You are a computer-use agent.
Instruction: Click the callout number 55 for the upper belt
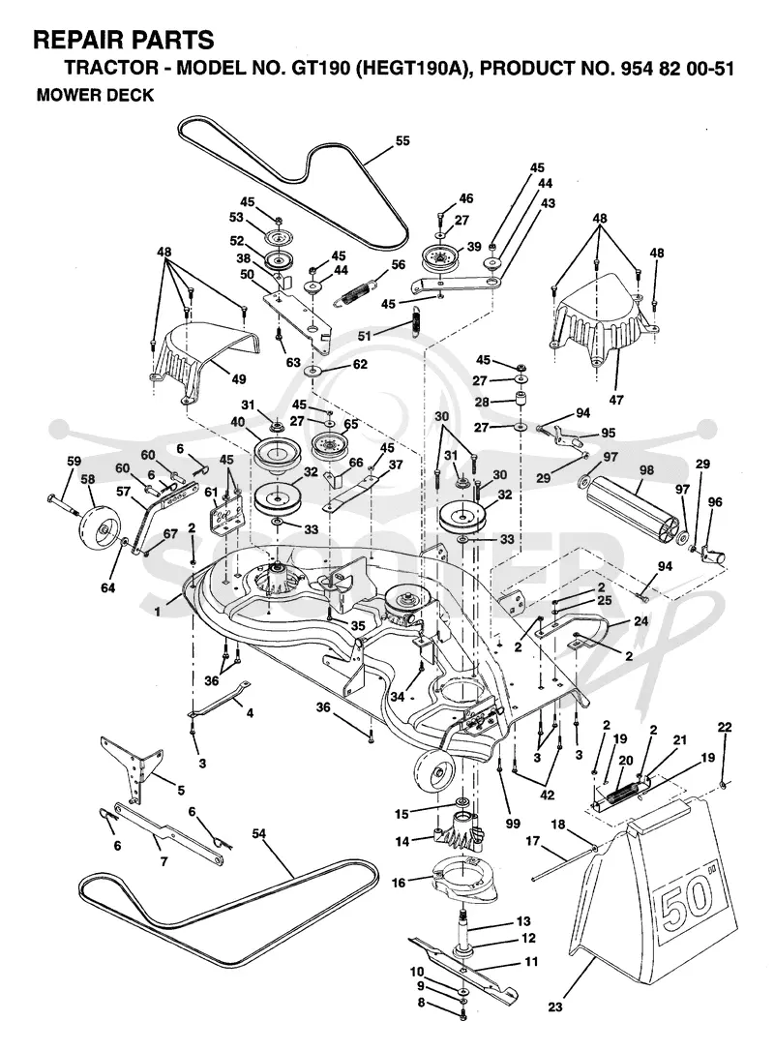(402, 140)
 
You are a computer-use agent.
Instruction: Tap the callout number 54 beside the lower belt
(258, 834)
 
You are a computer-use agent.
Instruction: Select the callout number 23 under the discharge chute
(555, 1006)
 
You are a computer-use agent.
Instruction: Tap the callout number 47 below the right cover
(616, 400)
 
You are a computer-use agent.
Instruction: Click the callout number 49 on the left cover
(239, 378)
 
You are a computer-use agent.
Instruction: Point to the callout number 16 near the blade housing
(398, 883)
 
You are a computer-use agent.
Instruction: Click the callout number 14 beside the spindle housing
(402, 841)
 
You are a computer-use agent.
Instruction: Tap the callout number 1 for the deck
(158, 612)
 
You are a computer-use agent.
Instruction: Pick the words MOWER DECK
(95, 95)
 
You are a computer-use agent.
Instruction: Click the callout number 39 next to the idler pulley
(474, 246)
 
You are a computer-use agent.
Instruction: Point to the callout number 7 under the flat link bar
(164, 860)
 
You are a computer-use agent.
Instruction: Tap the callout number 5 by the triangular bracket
(181, 791)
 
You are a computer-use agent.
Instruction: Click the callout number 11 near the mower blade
(531, 961)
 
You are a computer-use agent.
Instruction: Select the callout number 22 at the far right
(725, 727)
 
